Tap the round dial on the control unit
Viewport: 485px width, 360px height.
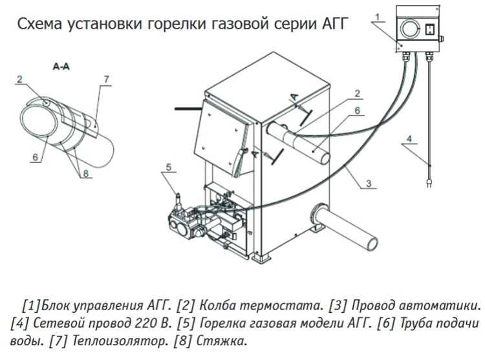(410, 27)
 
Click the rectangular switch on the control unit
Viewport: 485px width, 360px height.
(427, 28)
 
